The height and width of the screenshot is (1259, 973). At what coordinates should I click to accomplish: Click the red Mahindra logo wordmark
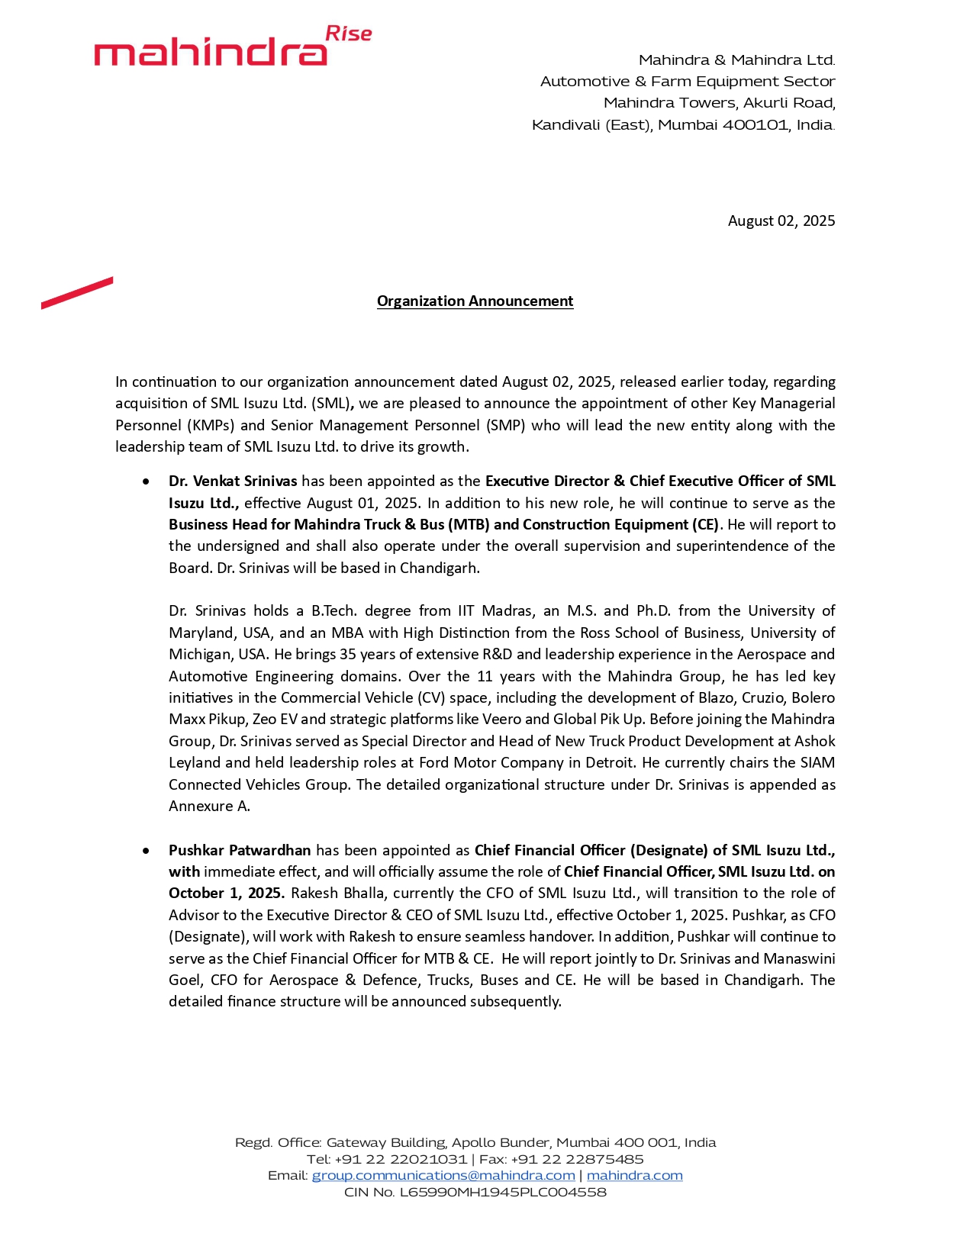(x=210, y=52)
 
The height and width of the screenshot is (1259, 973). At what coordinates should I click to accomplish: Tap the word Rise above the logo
(x=349, y=34)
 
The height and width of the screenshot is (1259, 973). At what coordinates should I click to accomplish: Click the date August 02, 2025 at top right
(x=781, y=221)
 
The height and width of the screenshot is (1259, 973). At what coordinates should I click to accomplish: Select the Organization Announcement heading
(x=475, y=301)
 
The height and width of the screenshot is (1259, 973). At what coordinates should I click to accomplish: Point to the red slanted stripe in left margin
(x=77, y=293)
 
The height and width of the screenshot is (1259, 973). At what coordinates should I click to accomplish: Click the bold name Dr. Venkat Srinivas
(x=233, y=481)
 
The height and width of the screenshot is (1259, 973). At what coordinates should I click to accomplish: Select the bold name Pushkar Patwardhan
(x=240, y=850)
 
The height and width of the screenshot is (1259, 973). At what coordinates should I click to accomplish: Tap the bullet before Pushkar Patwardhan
(x=146, y=851)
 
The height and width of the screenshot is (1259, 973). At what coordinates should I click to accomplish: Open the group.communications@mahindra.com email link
(x=443, y=1175)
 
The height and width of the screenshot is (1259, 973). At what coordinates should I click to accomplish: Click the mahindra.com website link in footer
(x=634, y=1175)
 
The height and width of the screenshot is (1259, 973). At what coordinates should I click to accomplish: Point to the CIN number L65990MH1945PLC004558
(x=503, y=1192)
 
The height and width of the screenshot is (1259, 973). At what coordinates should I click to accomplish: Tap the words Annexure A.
(x=209, y=807)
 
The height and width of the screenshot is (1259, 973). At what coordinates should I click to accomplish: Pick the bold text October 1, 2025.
(x=227, y=894)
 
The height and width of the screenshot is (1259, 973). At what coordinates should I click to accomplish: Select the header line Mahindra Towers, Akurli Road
(x=719, y=103)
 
